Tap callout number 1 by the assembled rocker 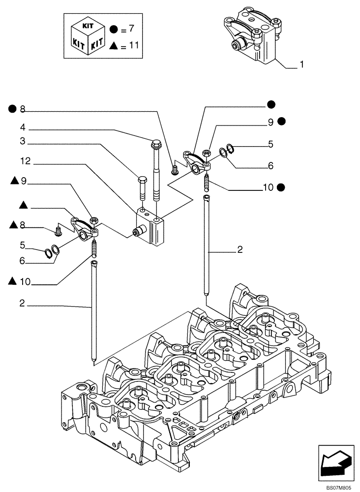pos(301,64)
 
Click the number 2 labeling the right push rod pos(240,250)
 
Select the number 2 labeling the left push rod pos(22,304)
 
